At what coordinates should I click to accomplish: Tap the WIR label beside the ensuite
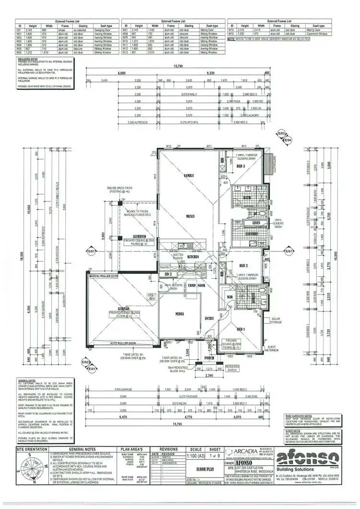229,297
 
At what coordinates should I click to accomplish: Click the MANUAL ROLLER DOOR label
102,276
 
